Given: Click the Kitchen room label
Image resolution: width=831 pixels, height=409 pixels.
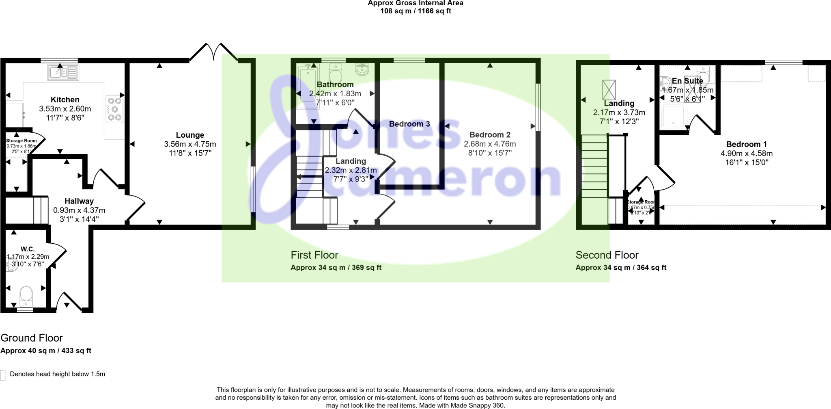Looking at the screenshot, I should (x=65, y=100).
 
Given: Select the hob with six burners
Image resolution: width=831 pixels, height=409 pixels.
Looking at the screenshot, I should (x=114, y=108).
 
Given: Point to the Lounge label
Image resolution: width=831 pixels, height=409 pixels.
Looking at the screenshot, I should (x=190, y=135).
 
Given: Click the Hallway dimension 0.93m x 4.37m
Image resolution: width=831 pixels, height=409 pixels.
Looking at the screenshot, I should (x=79, y=210).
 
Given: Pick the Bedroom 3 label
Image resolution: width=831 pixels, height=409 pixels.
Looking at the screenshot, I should (x=409, y=124).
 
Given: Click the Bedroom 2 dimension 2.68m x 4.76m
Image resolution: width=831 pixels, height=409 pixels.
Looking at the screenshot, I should (x=490, y=144).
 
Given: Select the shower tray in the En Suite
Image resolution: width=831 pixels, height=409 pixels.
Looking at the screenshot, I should (x=674, y=117).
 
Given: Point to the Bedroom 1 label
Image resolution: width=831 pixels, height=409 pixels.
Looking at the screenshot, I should (x=746, y=144).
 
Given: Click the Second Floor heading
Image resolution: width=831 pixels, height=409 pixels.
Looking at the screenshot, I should (x=607, y=255).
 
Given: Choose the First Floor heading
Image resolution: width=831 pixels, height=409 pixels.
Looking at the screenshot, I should (x=314, y=255).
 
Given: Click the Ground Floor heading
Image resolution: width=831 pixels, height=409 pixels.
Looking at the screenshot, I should (x=32, y=338).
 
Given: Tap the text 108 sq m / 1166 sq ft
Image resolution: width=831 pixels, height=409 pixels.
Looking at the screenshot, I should (x=415, y=11).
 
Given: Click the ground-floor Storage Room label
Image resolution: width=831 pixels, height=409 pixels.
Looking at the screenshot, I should (x=21, y=141).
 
